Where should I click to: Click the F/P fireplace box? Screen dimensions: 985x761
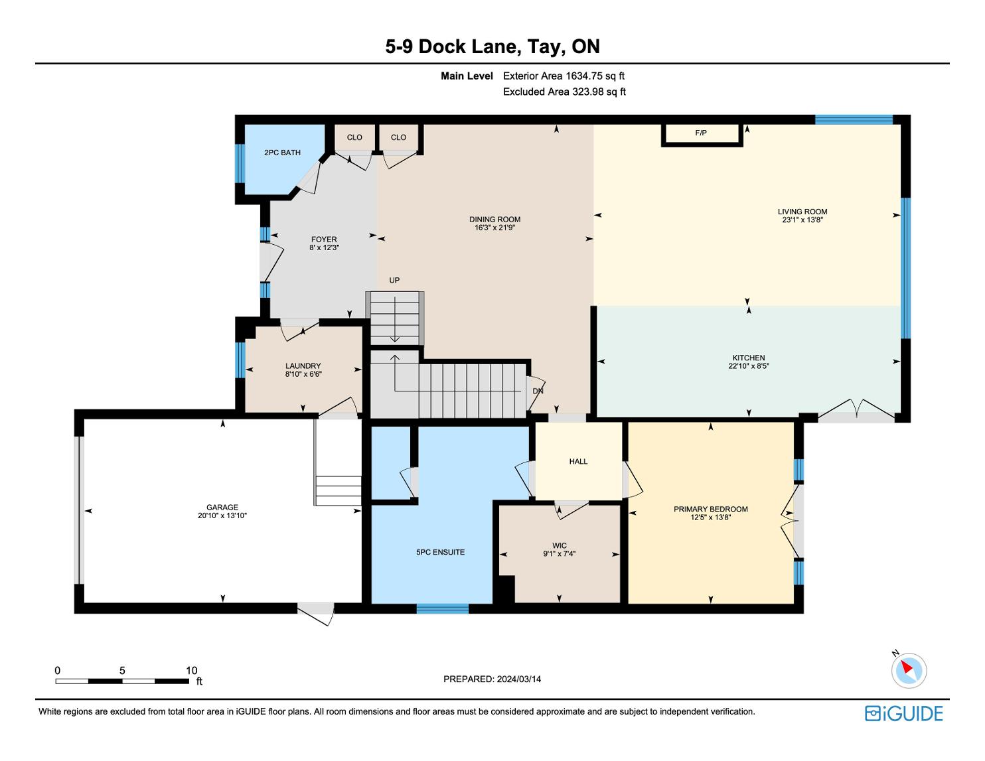tap(702, 135)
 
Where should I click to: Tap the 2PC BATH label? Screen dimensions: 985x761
tap(282, 153)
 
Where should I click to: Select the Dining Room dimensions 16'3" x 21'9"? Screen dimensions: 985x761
tap(494, 228)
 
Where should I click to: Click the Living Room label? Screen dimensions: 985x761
tap(802, 212)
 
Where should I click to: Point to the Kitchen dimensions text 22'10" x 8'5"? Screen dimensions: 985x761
tap(749, 366)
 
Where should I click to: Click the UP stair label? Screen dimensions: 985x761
tap(394, 281)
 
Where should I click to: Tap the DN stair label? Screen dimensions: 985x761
tap(538, 391)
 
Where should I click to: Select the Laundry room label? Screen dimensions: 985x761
tap(303, 366)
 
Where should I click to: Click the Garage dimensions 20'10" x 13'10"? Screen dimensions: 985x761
tap(222, 516)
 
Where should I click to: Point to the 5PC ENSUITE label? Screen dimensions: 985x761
tap(440, 552)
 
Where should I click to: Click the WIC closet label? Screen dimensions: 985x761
tap(560, 546)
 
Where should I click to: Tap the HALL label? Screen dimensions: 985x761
tap(578, 462)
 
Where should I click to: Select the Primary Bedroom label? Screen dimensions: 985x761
tap(710, 509)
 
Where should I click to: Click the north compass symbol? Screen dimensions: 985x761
tap(909, 670)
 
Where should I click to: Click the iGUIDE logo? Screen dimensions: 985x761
tap(904, 713)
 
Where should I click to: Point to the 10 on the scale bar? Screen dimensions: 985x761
tap(192, 670)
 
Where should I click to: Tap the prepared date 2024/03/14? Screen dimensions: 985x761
tap(519, 679)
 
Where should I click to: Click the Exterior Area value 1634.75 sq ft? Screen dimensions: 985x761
tap(595, 76)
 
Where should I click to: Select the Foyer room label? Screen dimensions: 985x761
tap(324, 239)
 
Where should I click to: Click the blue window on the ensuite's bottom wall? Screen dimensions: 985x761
tap(443, 608)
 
